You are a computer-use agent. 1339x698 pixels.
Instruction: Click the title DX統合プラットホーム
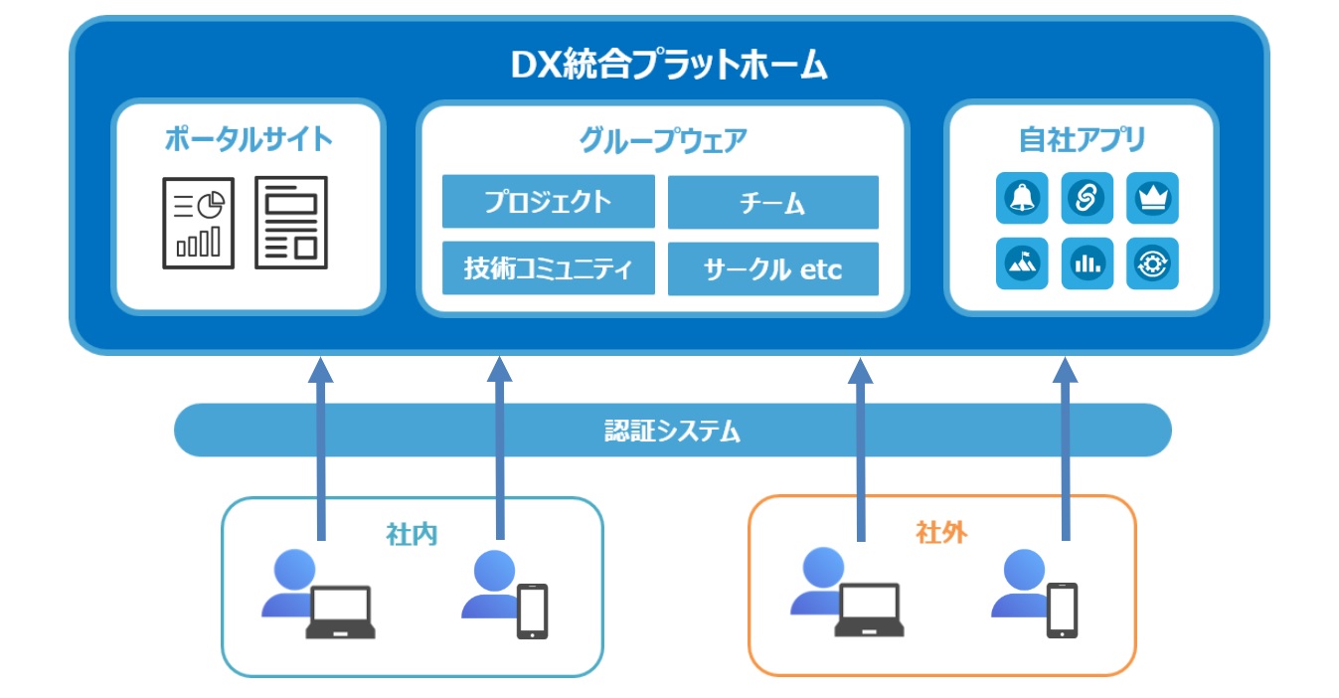(x=669, y=65)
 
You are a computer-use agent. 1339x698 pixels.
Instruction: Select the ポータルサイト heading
(x=249, y=139)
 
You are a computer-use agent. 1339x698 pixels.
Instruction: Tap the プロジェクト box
(x=548, y=201)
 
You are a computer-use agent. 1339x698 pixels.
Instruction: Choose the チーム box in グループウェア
(x=773, y=202)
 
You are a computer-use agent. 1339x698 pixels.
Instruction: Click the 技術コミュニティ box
(x=548, y=267)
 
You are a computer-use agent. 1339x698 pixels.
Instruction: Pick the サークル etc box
(x=773, y=268)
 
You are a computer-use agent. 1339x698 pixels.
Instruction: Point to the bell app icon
(x=1022, y=198)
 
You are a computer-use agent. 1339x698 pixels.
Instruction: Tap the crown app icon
(x=1152, y=198)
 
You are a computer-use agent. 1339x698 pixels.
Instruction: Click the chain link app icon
(x=1088, y=198)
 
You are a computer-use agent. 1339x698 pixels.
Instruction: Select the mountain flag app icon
(x=1022, y=263)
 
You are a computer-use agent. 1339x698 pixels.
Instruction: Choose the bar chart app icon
(x=1088, y=263)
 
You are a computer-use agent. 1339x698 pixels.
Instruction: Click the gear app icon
(x=1152, y=263)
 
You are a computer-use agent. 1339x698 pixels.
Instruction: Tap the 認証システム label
(x=673, y=431)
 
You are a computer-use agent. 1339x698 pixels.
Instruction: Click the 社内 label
(x=412, y=534)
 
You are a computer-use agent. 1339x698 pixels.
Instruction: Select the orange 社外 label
(x=941, y=532)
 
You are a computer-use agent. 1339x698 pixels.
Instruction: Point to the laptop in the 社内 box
(x=341, y=612)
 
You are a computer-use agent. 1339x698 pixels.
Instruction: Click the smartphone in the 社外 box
(x=1063, y=611)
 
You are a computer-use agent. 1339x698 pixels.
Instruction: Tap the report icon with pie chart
(x=199, y=223)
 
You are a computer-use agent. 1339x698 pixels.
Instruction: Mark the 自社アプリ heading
(x=1082, y=139)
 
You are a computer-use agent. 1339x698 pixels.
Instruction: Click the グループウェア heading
(x=663, y=140)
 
